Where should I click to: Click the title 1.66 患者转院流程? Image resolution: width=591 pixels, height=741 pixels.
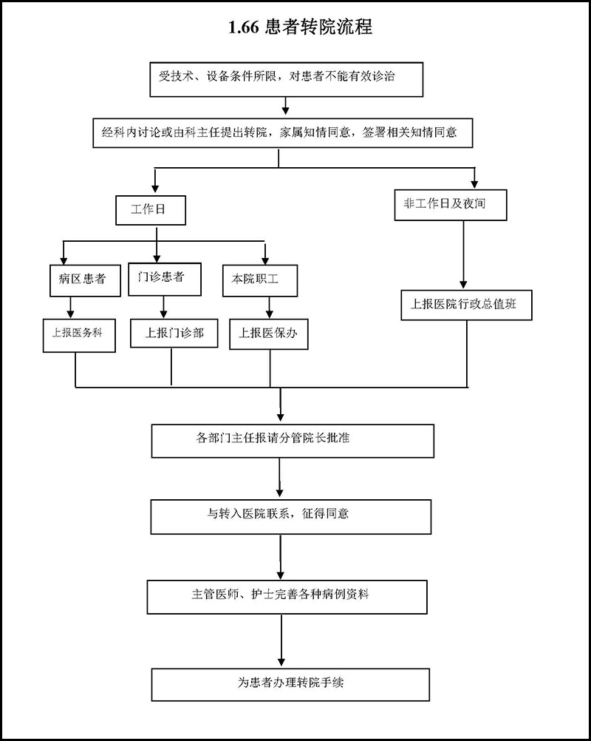click(300, 28)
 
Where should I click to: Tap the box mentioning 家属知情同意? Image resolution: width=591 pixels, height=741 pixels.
click(281, 133)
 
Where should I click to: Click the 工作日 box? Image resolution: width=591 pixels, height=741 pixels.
click(150, 209)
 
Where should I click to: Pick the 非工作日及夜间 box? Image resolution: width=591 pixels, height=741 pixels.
click(451, 206)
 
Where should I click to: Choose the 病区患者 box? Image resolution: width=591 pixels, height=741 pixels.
click(81, 280)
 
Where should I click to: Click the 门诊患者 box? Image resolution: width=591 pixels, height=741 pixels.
click(162, 278)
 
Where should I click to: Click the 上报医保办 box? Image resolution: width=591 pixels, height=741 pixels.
click(268, 333)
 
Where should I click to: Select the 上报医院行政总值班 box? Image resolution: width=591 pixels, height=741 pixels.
click(467, 305)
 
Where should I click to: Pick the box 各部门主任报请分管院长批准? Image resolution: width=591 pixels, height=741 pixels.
click(293, 440)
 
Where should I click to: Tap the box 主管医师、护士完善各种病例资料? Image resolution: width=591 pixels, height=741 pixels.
click(287, 597)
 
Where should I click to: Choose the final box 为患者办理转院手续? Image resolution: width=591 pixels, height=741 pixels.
click(290, 684)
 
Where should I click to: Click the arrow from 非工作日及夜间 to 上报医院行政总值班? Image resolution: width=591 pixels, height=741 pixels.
click(463, 255)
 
